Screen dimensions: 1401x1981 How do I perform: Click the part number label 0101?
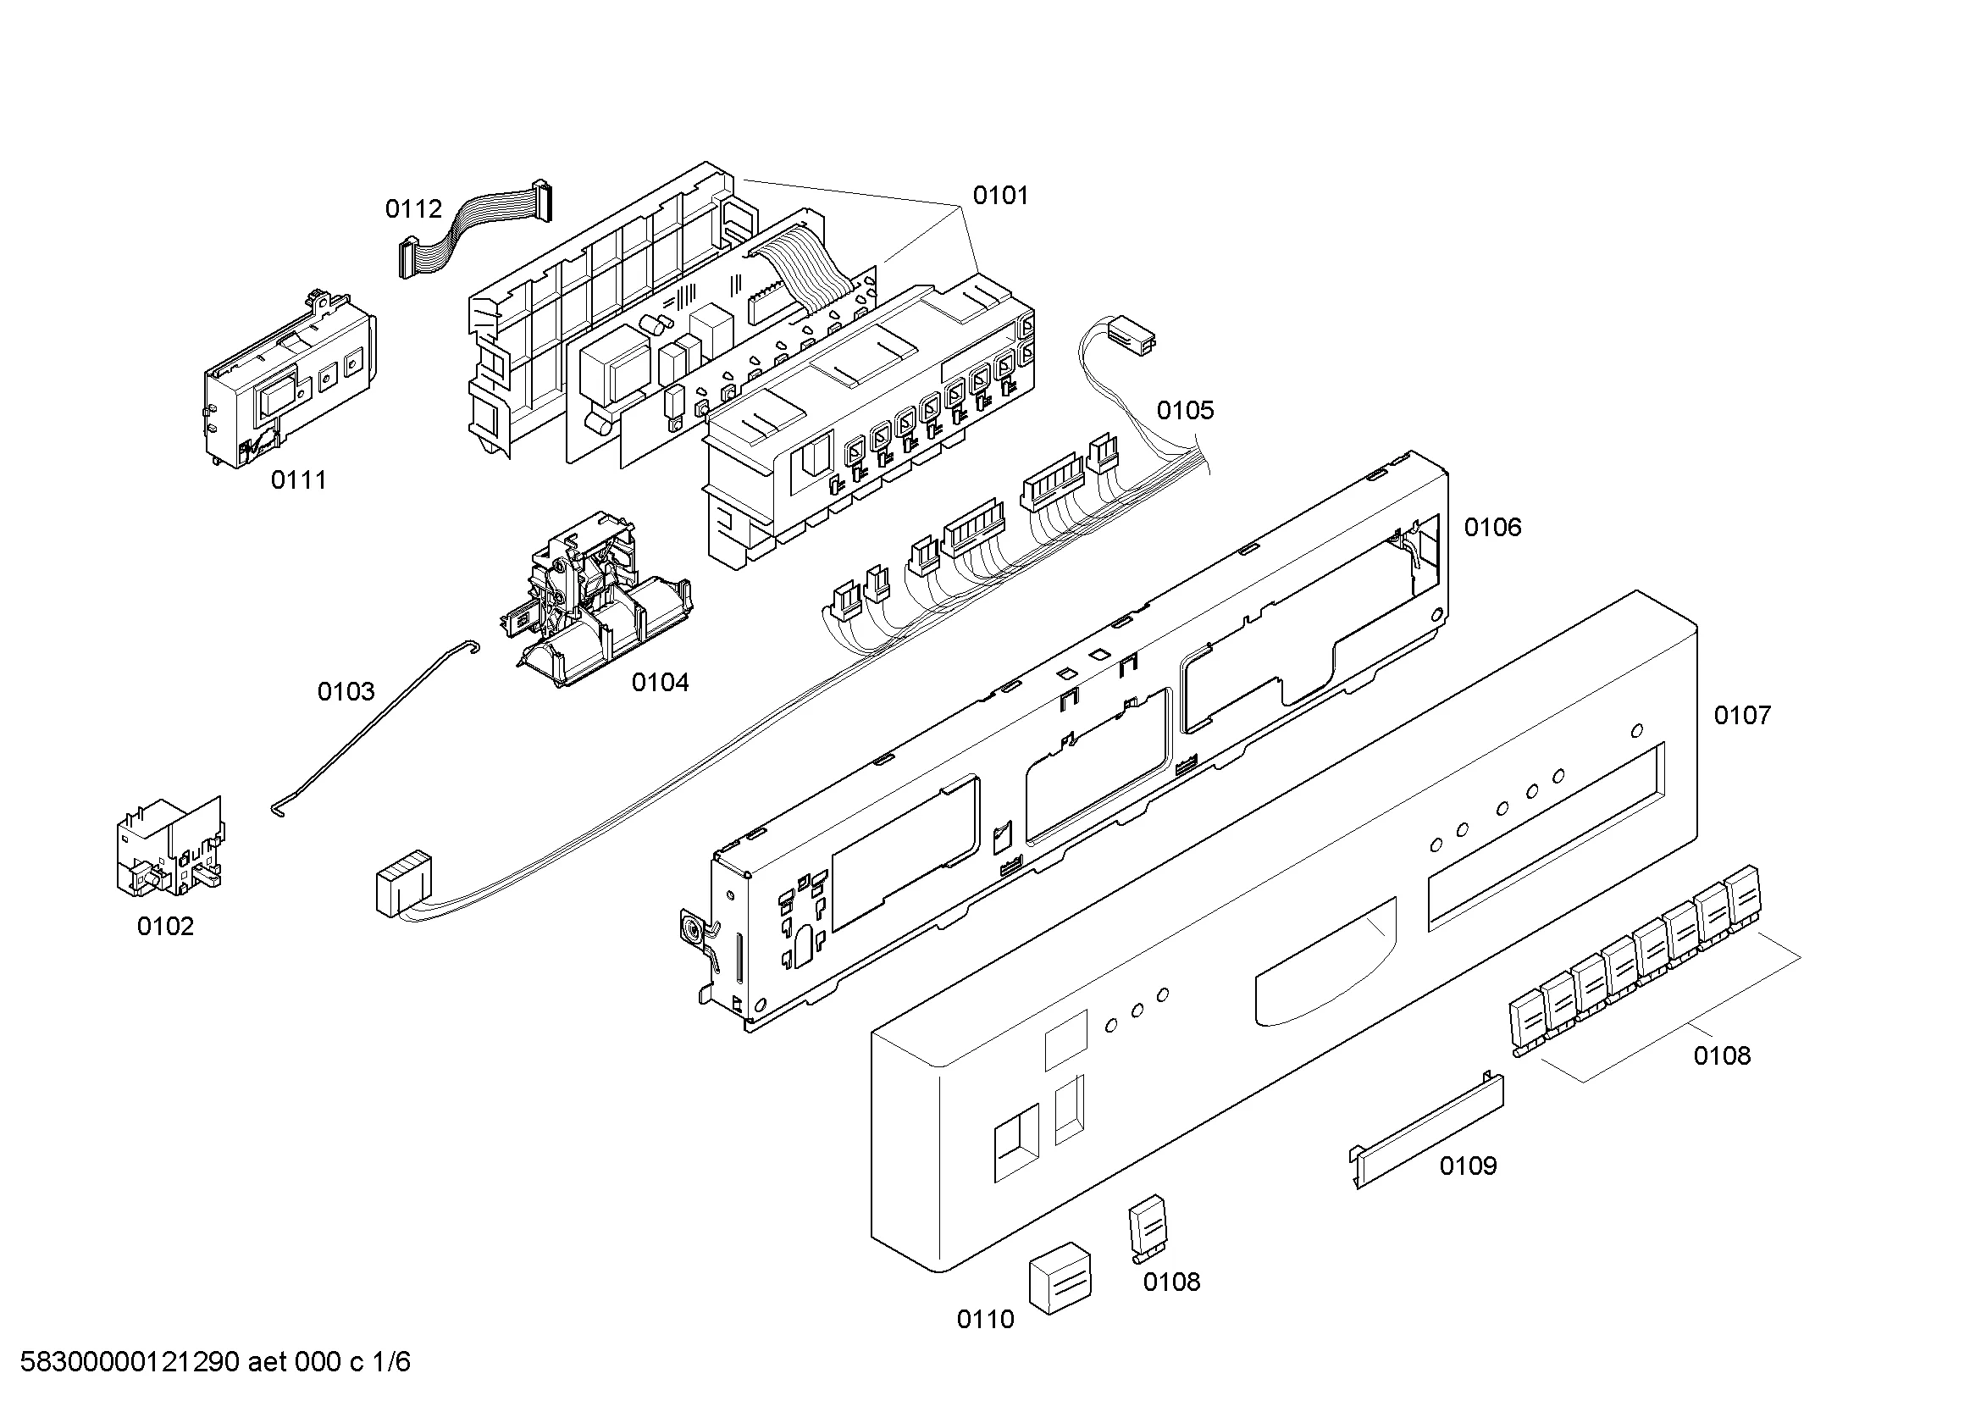coord(1000,196)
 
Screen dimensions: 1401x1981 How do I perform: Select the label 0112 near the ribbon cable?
coord(413,208)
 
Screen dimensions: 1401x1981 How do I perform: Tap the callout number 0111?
coord(298,480)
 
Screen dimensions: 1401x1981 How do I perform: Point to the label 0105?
coord(1185,411)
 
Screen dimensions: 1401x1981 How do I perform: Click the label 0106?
coord(1492,527)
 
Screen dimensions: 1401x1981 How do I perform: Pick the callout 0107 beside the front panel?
coord(1742,715)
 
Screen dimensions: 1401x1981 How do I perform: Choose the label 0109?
coord(1468,1166)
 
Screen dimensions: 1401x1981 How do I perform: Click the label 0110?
coord(985,1320)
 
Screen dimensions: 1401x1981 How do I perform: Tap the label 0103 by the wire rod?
coord(346,691)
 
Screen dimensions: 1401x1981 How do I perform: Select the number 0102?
coord(166,927)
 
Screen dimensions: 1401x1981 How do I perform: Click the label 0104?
coord(660,683)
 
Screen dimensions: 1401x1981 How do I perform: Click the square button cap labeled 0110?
coord(1059,1277)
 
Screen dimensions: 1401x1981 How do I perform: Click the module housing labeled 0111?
coord(289,379)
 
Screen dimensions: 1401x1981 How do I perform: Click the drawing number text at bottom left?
coord(215,1362)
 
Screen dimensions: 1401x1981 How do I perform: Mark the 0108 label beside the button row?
coord(1721,1056)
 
